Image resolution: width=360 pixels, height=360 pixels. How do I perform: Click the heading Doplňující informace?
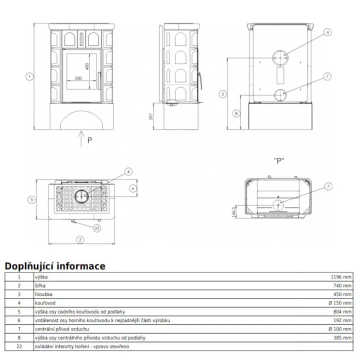pos(55,266)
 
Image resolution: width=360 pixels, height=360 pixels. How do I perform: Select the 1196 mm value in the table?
pos(341,276)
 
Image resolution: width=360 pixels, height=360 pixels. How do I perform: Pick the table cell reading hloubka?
pos(43,294)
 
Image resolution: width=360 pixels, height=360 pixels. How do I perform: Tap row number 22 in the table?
pos(19,346)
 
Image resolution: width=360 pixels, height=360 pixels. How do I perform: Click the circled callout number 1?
pos(30,76)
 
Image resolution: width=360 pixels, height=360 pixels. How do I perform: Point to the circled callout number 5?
pos(223,93)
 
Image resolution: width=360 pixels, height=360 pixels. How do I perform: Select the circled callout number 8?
pos(236,113)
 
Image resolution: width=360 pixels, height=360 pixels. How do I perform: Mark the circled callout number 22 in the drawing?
pos(97,228)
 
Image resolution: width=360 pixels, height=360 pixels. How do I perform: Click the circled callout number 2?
pos(80,239)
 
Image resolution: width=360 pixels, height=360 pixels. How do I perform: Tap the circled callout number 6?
pos(132,188)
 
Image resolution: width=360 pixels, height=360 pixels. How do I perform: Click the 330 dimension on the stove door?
pos(78,78)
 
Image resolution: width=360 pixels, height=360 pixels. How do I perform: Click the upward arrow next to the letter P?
pos(80,138)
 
